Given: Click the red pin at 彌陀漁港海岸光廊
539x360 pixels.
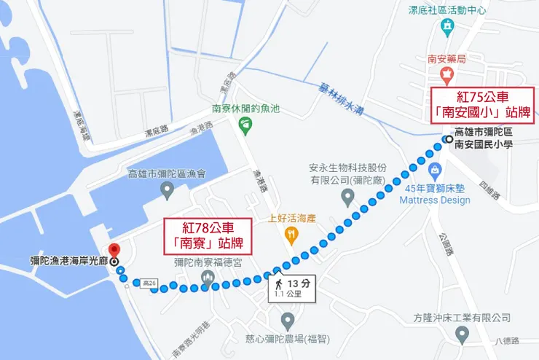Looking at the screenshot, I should (x=113, y=250).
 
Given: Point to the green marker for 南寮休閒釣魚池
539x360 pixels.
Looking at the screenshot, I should (x=245, y=125).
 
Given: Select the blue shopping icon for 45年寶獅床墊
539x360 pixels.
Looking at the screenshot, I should (x=435, y=171).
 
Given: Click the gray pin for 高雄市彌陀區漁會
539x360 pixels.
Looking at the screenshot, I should (x=168, y=192).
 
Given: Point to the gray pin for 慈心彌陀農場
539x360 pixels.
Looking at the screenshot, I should (x=288, y=321).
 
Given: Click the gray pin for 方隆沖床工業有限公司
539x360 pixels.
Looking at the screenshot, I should (x=462, y=334).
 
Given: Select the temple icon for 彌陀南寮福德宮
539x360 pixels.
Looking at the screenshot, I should (x=207, y=278).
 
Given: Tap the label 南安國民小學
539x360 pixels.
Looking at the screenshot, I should (x=484, y=144).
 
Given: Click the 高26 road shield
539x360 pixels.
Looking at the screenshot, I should (x=151, y=282).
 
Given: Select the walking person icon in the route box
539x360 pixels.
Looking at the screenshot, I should (x=278, y=283).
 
